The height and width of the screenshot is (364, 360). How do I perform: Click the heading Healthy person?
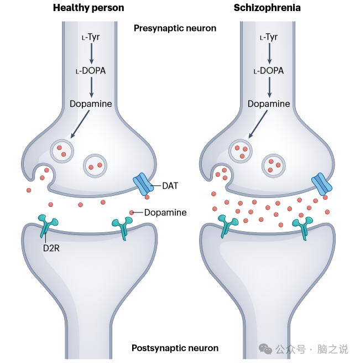[x=88, y=8]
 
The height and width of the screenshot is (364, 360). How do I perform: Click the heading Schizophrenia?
[x=268, y=8]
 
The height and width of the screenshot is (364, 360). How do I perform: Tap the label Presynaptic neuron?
[x=175, y=28]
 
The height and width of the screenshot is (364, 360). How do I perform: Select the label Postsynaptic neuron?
[x=175, y=348]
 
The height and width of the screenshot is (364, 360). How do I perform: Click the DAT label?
[x=170, y=186]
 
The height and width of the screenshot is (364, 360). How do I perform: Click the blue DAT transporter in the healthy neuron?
[x=142, y=184]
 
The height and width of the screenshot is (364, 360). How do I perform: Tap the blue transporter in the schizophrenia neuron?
[x=321, y=184]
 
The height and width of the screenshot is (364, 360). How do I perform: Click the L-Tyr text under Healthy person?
[x=91, y=37]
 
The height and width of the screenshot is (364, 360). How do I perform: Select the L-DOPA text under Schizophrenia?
[x=269, y=71]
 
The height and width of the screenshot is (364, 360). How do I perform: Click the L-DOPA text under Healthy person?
[x=91, y=71]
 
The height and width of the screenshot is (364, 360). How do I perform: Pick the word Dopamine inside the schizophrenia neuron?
[x=269, y=104]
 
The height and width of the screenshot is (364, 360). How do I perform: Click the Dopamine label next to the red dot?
[x=165, y=212]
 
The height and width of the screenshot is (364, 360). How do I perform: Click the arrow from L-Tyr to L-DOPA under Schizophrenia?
[x=269, y=54]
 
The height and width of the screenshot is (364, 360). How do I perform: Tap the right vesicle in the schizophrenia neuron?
[x=273, y=165]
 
